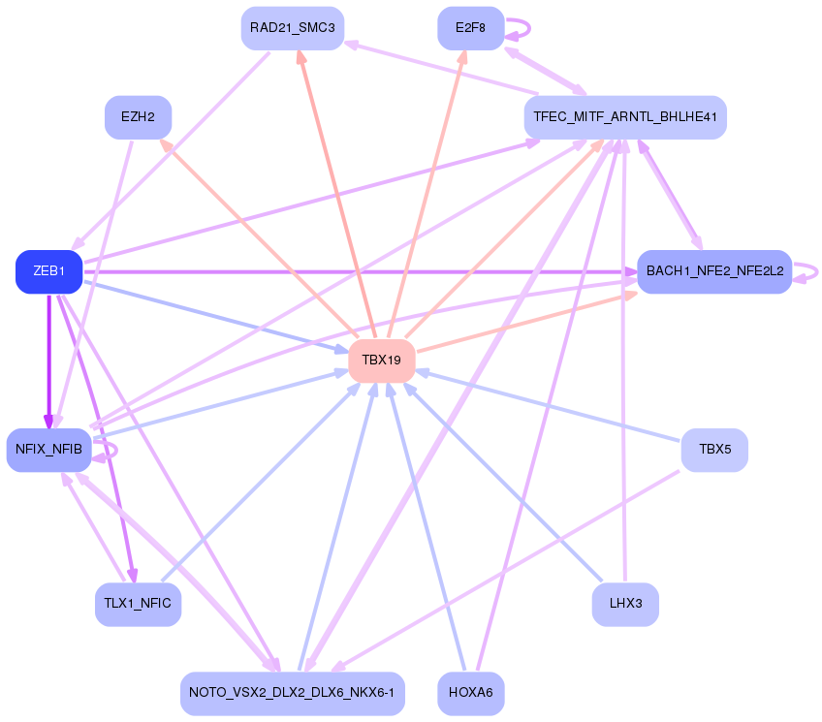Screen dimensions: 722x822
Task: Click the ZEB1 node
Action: (48, 271)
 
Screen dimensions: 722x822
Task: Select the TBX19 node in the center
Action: (382, 360)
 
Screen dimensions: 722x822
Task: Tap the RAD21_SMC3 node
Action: (292, 28)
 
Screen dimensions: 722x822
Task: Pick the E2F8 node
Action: (470, 28)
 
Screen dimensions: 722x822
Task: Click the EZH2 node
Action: (138, 117)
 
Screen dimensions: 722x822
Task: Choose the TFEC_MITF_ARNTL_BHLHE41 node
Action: (624, 117)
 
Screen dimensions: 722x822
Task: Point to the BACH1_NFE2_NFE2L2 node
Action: (714, 271)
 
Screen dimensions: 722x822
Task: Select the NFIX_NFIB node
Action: (48, 450)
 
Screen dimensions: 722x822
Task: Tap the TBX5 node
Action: (713, 450)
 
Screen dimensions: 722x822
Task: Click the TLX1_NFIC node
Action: (138, 605)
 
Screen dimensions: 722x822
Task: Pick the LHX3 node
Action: (625, 605)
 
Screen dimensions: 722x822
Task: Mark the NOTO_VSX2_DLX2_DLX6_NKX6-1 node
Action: (292, 694)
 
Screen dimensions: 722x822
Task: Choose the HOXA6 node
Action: (471, 694)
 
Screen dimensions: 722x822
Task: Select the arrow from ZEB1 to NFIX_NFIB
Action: (48, 359)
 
